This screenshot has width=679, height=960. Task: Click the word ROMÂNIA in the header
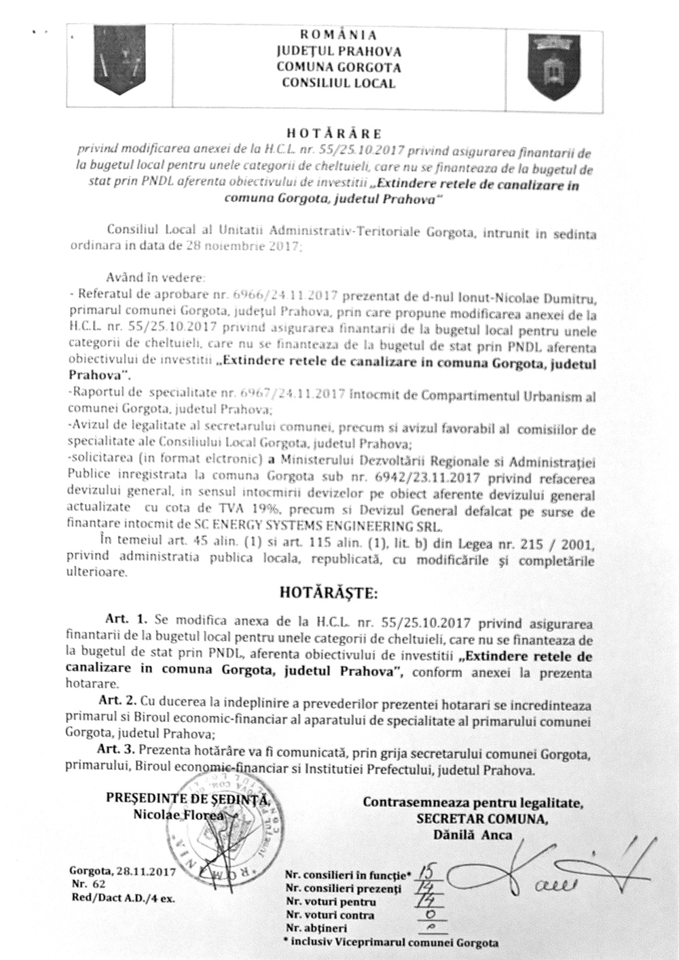337,34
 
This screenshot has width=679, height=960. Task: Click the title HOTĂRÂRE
337,133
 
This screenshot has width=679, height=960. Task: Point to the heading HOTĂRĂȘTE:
328,593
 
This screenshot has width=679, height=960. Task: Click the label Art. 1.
126,621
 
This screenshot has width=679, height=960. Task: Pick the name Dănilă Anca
473,836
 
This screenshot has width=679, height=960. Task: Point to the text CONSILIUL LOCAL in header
337,84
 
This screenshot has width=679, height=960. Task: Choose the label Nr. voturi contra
329,914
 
